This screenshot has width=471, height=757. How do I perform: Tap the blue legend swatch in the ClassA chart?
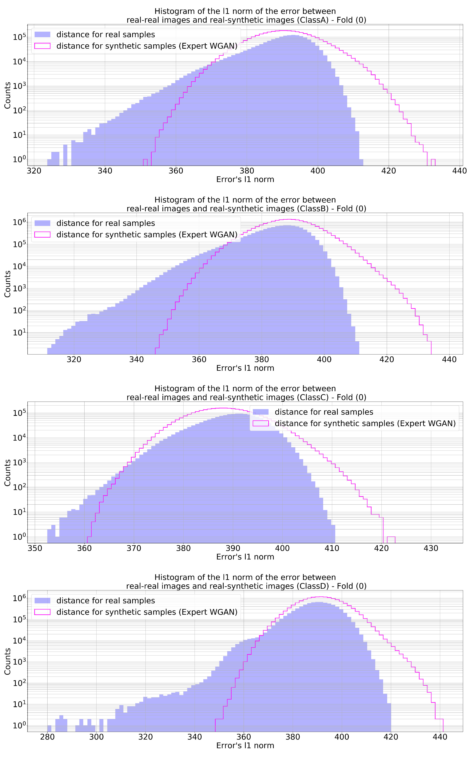click(42, 35)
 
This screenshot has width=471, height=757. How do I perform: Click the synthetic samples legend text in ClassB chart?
click(147, 235)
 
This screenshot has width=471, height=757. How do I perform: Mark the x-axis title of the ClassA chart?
click(245, 179)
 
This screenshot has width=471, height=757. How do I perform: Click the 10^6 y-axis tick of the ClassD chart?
click(19, 598)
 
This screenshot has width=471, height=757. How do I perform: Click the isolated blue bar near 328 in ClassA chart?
click(65, 155)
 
